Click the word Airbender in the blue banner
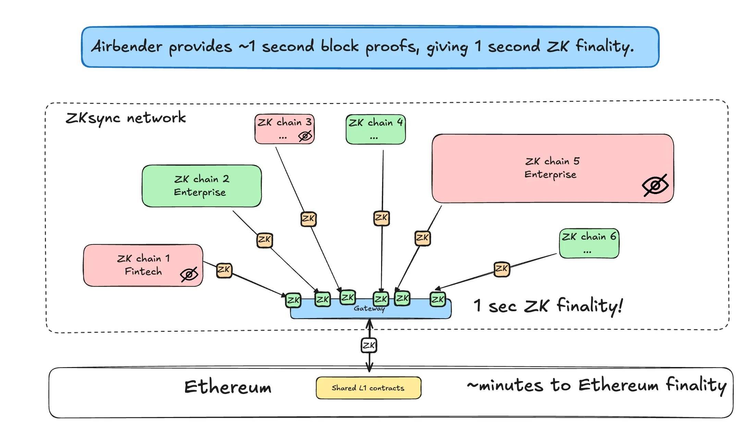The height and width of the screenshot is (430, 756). pos(127,46)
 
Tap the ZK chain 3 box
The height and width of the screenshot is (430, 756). pos(284,129)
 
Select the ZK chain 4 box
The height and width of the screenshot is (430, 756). pos(375,129)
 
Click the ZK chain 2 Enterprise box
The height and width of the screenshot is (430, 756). pos(202,186)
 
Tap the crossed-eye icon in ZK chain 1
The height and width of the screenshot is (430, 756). pos(189,274)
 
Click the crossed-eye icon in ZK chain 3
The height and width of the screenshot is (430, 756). pos(305,136)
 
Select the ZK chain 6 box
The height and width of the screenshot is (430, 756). pos(589,243)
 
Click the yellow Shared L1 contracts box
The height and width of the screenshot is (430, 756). pos(368,388)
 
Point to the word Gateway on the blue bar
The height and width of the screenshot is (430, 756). pos(369,308)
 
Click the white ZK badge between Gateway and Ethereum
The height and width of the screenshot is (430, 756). pos(369,345)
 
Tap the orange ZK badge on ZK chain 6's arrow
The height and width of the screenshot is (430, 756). pos(501,268)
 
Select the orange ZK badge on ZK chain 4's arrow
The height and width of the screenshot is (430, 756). pos(381,218)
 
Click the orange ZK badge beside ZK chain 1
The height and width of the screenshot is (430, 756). pos(224,270)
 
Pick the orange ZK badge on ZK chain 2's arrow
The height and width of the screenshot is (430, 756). pos(264,239)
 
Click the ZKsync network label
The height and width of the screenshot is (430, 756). pos(125,118)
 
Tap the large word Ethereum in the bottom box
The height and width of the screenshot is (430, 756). pos(228,387)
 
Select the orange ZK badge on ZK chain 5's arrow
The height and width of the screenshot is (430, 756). pos(422,238)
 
